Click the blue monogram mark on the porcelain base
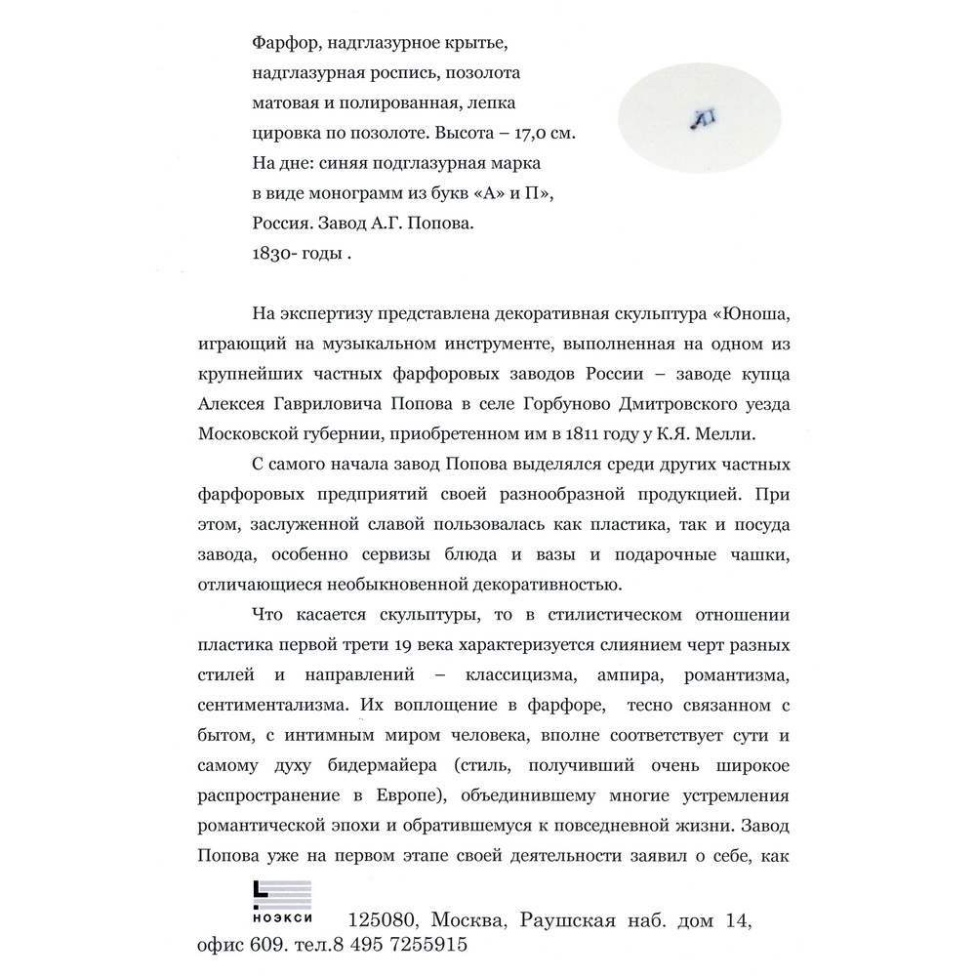coord(702,118)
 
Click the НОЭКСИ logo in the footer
coord(281,906)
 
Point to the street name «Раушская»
coord(567,920)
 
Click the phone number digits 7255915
coord(421,946)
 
